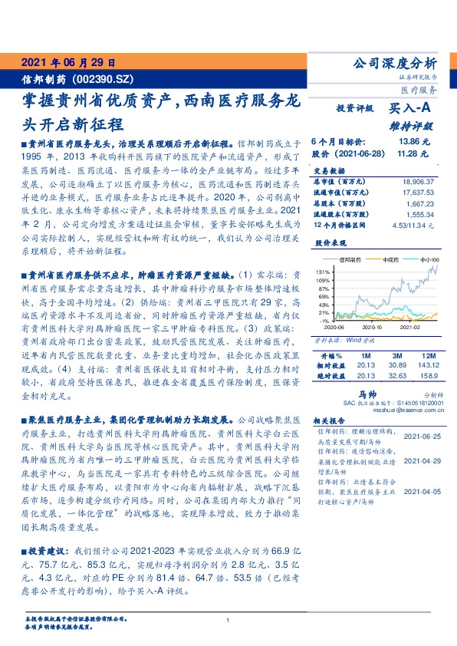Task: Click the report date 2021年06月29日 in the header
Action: pos(67,63)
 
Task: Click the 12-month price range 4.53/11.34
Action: pos(413,225)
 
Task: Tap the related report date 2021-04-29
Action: pos(421,461)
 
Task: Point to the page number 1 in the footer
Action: pos(228,621)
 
